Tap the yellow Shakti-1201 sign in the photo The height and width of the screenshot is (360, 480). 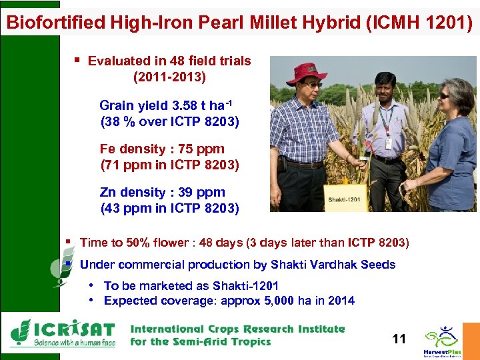click(345, 198)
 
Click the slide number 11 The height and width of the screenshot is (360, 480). click(399, 339)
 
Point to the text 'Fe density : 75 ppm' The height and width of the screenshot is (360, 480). click(162, 149)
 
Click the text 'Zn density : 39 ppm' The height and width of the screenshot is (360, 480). click(163, 193)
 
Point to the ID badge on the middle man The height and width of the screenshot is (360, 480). click(389, 142)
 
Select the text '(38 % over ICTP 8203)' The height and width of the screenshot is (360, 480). click(169, 122)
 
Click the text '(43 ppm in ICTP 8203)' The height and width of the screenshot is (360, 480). click(169, 208)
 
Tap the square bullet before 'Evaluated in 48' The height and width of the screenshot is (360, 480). click(78, 61)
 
